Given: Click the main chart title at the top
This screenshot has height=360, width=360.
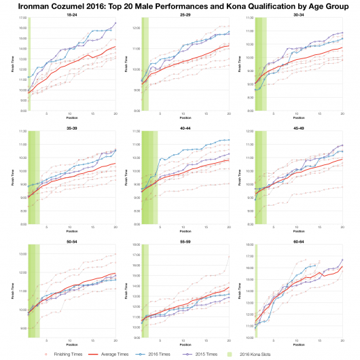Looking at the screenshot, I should pos(180,5).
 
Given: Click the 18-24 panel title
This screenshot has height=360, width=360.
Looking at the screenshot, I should pos(71,13).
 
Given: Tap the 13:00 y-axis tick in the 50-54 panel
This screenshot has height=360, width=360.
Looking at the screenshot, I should pos(22,254).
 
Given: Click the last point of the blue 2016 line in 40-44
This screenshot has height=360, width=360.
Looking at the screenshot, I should pos(229,140).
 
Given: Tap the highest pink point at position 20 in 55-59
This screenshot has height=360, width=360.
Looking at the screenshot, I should pos(229,256).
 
